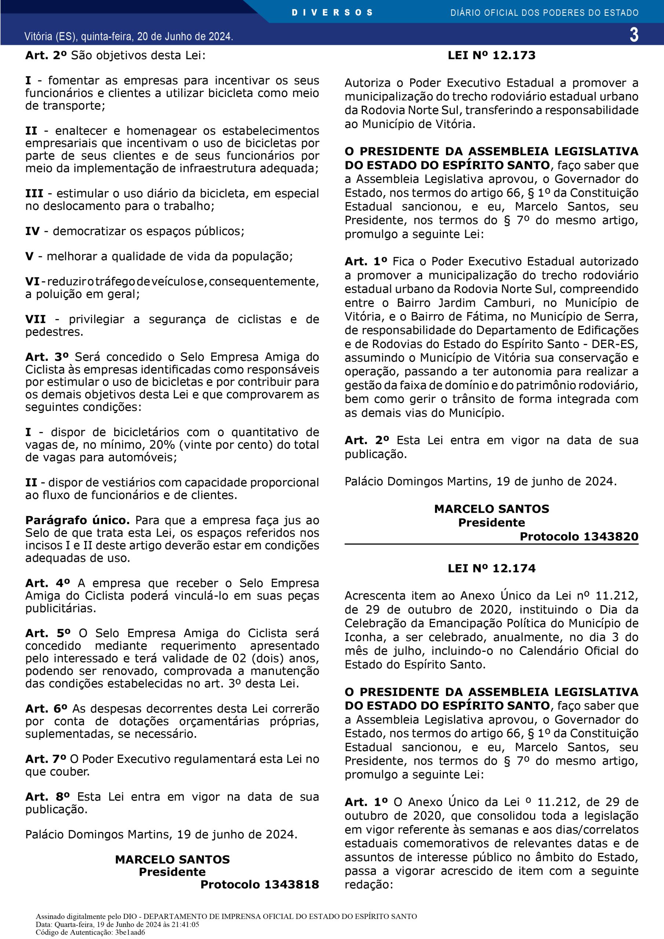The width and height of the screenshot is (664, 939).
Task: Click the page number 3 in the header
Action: [634, 35]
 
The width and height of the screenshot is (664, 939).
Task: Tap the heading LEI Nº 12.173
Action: [491, 55]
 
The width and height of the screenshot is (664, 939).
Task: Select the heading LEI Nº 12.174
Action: [491, 568]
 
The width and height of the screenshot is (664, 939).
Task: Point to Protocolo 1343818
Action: [259, 884]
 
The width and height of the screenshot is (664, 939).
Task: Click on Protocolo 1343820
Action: [579, 536]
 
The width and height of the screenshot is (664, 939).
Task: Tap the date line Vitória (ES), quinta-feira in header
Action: [128, 36]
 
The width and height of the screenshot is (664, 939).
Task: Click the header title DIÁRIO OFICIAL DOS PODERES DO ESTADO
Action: [544, 13]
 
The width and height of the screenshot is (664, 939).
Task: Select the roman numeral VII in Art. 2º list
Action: [35, 319]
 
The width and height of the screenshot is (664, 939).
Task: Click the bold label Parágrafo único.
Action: [77, 520]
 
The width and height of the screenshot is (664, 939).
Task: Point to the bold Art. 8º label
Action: [47, 797]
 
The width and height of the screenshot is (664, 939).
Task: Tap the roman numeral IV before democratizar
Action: [32, 231]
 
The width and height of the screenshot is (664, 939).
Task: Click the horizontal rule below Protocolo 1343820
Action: [491, 544]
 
